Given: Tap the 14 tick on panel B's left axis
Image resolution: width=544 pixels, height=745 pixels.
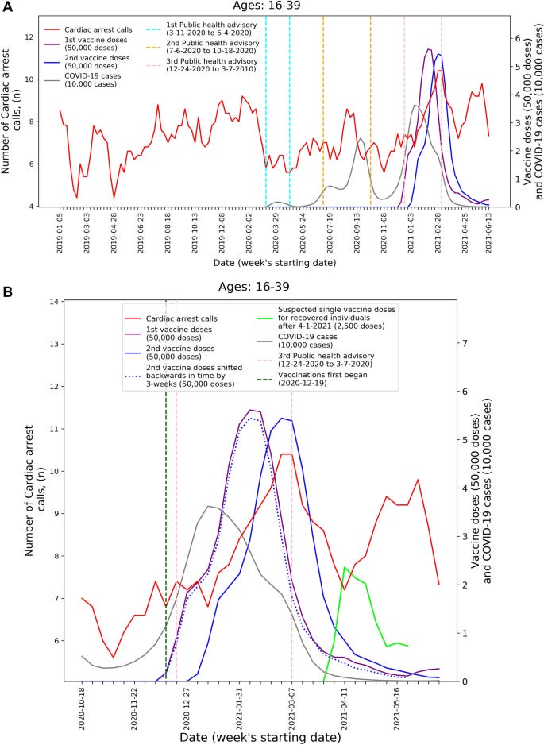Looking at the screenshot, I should click(54, 302).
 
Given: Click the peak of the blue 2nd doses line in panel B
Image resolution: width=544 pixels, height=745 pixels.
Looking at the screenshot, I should click(282, 418).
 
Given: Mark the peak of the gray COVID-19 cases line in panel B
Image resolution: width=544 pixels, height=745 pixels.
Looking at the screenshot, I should click(208, 506).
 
